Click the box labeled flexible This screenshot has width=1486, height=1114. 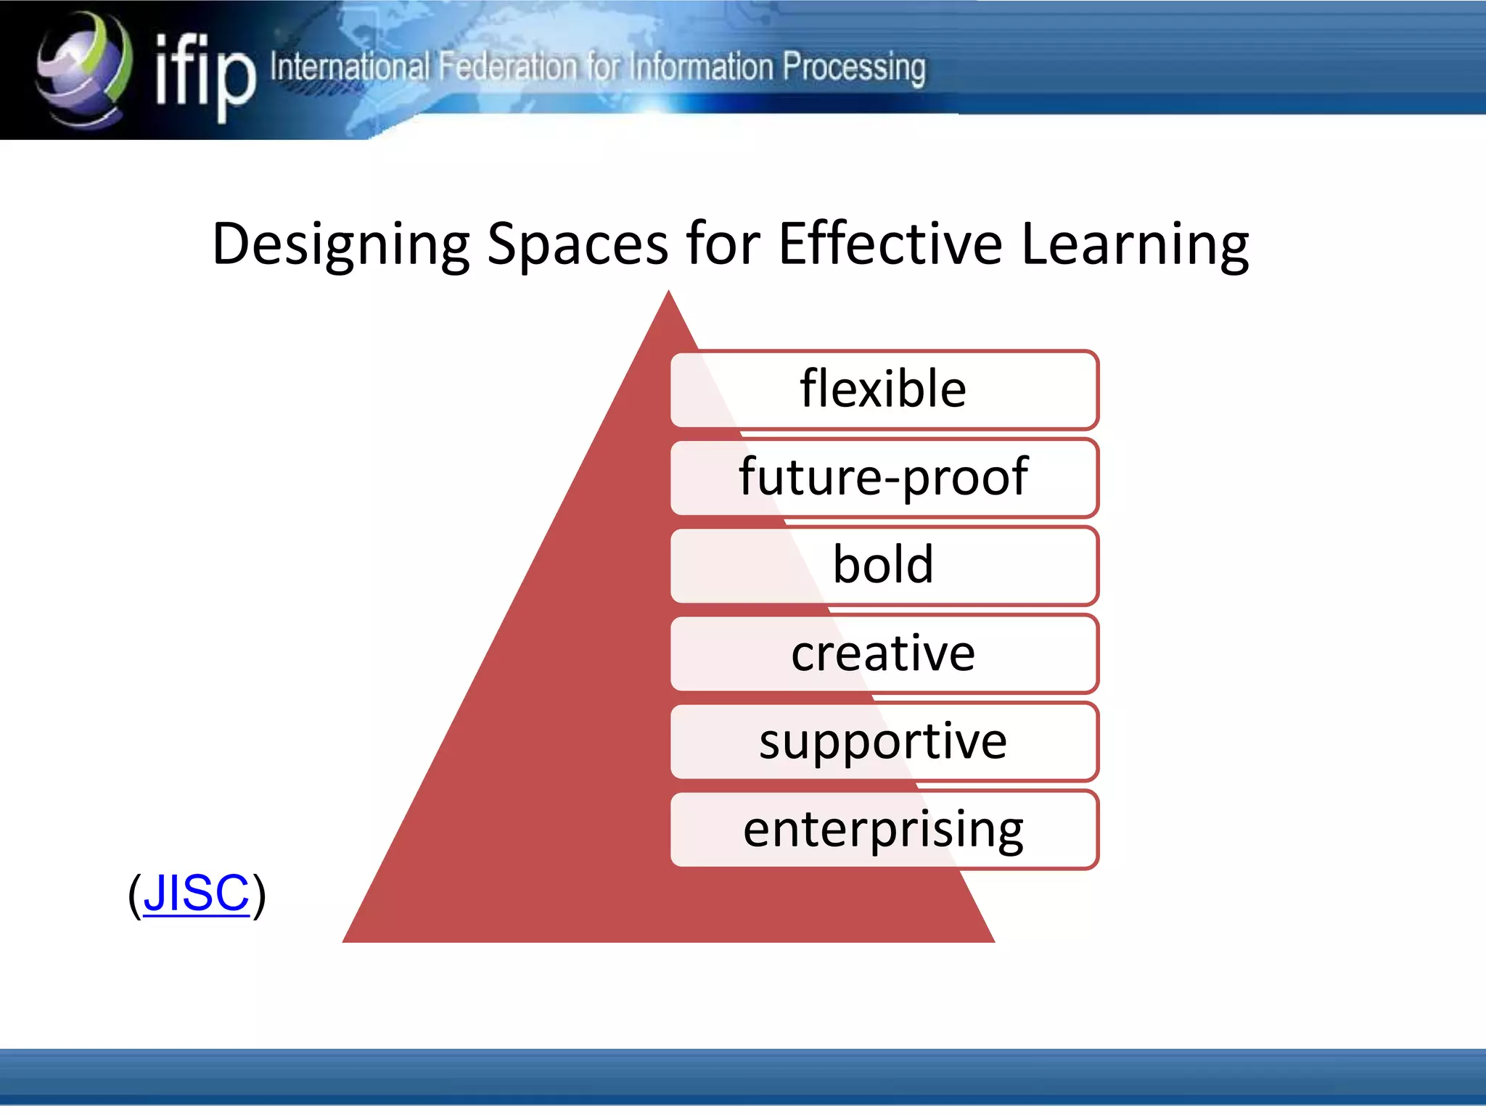click(x=884, y=389)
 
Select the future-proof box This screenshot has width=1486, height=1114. click(x=884, y=477)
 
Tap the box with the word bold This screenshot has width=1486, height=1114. click(x=884, y=565)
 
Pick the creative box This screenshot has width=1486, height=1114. click(x=884, y=653)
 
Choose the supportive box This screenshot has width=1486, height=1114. click(x=884, y=741)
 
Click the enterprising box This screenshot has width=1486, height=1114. click(x=884, y=829)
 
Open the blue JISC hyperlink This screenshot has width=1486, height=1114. click(x=196, y=893)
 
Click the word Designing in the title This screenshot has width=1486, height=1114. click(x=341, y=244)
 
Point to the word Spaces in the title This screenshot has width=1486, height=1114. click(x=577, y=244)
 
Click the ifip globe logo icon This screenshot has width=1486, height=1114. click(x=83, y=69)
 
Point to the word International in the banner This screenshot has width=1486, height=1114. click(x=350, y=67)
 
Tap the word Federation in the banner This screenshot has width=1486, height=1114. click(x=508, y=67)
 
